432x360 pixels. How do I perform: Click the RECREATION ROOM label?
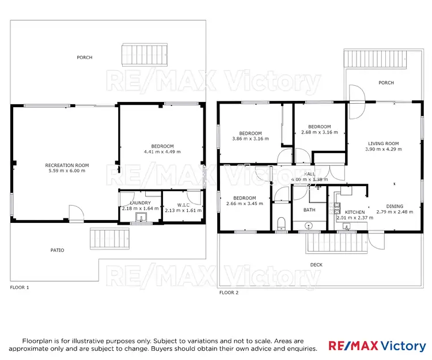pos(67,165)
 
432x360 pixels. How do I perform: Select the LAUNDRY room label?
pos(140,203)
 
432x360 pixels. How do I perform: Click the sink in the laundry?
pos(141,218)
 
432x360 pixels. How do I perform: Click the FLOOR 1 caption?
pos(20,287)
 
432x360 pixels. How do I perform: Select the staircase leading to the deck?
pos(337,244)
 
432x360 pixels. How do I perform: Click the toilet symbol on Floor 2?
pos(281,222)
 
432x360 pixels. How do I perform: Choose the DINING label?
pos(395,206)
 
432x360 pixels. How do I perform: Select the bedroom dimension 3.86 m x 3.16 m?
pos(247,139)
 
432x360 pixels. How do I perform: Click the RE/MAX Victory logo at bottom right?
pos(377,346)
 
